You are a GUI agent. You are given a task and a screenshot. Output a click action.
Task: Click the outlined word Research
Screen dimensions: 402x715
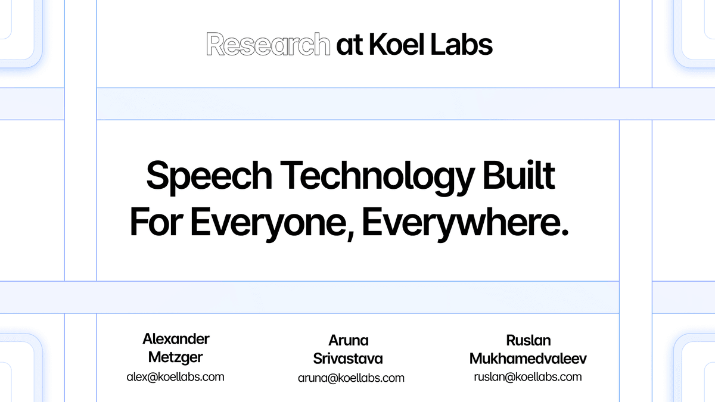(268, 45)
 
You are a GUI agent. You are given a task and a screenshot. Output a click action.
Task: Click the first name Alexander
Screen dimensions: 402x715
(176, 339)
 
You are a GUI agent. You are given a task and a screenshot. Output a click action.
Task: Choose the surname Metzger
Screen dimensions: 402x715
(176, 358)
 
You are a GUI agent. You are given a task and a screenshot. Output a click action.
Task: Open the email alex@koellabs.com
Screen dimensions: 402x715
(176, 376)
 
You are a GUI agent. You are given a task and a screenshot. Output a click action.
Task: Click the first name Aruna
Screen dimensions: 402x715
(349, 340)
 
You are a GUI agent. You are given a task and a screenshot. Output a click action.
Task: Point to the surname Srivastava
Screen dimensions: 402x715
(349, 359)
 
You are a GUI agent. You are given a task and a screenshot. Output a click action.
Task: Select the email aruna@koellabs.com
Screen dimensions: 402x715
(351, 378)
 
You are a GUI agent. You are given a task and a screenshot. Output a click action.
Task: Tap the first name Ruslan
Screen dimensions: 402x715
(528, 340)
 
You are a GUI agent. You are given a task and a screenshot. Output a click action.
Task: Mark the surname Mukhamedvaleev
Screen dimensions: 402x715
(528, 359)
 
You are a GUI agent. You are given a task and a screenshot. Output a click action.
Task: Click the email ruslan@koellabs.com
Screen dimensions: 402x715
(528, 376)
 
